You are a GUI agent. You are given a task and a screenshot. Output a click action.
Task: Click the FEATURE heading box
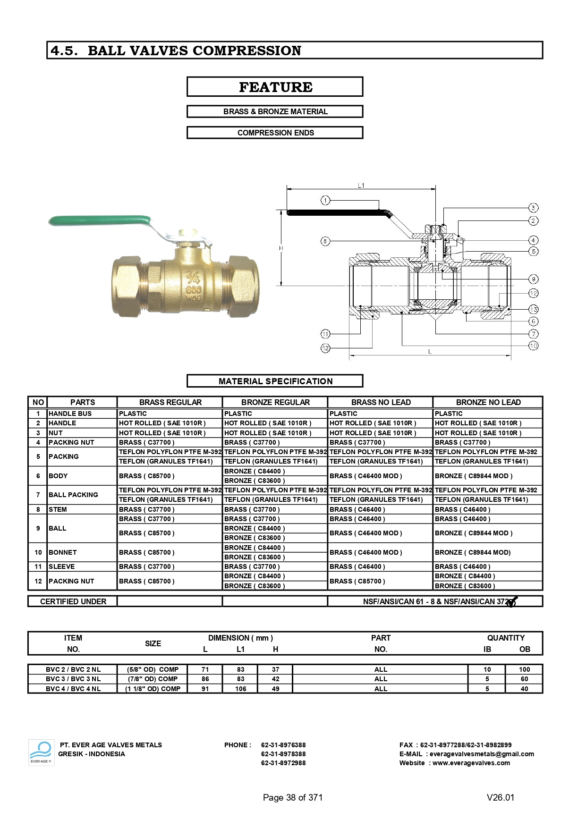click(x=275, y=87)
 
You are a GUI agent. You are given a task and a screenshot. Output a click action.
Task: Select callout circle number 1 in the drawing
click(x=325, y=200)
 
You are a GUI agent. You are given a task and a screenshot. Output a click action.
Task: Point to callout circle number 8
click(x=325, y=241)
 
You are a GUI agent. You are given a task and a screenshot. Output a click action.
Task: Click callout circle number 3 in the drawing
click(x=533, y=208)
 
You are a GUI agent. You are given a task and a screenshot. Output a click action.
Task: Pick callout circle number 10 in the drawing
click(x=533, y=346)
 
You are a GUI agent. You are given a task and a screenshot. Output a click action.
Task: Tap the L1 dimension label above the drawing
click(x=361, y=186)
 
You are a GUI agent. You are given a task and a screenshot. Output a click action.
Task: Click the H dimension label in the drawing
click(x=281, y=248)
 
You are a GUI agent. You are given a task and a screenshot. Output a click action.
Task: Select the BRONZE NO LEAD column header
click(x=488, y=402)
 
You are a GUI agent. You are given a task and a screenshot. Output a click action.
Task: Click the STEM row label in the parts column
click(x=58, y=509)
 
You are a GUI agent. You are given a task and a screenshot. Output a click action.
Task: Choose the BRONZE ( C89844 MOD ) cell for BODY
click(x=474, y=476)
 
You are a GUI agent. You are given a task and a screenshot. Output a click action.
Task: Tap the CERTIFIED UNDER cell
click(x=73, y=601)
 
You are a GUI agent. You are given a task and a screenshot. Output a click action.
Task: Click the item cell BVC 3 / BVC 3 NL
click(x=73, y=679)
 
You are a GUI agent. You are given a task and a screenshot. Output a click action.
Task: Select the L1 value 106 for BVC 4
click(x=240, y=689)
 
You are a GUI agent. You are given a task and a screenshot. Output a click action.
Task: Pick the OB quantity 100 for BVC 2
click(x=524, y=669)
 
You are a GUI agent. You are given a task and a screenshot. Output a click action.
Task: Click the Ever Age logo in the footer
click(x=41, y=752)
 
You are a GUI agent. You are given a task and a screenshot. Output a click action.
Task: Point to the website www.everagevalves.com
click(x=471, y=763)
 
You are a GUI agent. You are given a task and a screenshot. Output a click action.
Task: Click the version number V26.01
click(x=500, y=797)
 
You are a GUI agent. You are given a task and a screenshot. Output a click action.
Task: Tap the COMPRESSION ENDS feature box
click(x=275, y=133)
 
